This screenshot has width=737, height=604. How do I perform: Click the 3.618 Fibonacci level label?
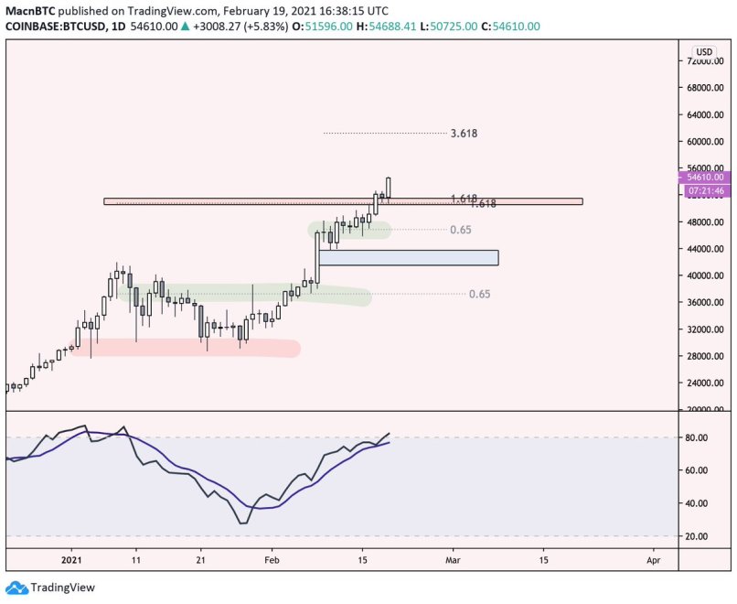coord(464,134)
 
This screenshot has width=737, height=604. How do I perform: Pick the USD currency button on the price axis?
coord(703,51)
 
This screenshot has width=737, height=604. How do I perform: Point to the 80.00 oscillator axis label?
coord(699,438)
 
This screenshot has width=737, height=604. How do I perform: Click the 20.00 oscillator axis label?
coord(699,536)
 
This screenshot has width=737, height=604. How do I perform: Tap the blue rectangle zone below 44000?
coord(408,258)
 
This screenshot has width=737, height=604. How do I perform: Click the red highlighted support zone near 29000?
coord(192,348)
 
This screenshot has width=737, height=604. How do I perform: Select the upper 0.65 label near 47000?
coord(461,230)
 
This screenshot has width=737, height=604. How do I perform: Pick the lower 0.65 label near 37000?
coord(479,294)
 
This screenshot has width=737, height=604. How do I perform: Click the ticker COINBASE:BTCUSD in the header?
coord(55,27)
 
